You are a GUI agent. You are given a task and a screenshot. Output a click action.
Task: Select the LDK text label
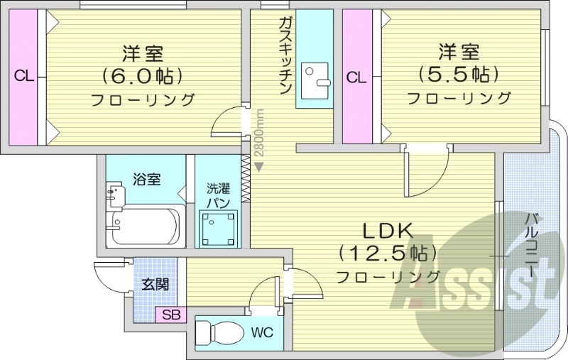pos(388,231)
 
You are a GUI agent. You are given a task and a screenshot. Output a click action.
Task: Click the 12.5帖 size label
pos(388,253)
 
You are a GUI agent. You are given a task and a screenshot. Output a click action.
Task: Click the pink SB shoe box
pos(171,315)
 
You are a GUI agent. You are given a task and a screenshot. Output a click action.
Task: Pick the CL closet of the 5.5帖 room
pos(357,76)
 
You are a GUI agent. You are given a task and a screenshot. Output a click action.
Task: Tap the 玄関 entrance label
pos(155,285)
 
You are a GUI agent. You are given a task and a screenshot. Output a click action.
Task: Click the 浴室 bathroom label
pos(146,179)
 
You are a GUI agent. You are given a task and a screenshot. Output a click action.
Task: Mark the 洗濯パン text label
pos(217,195)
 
